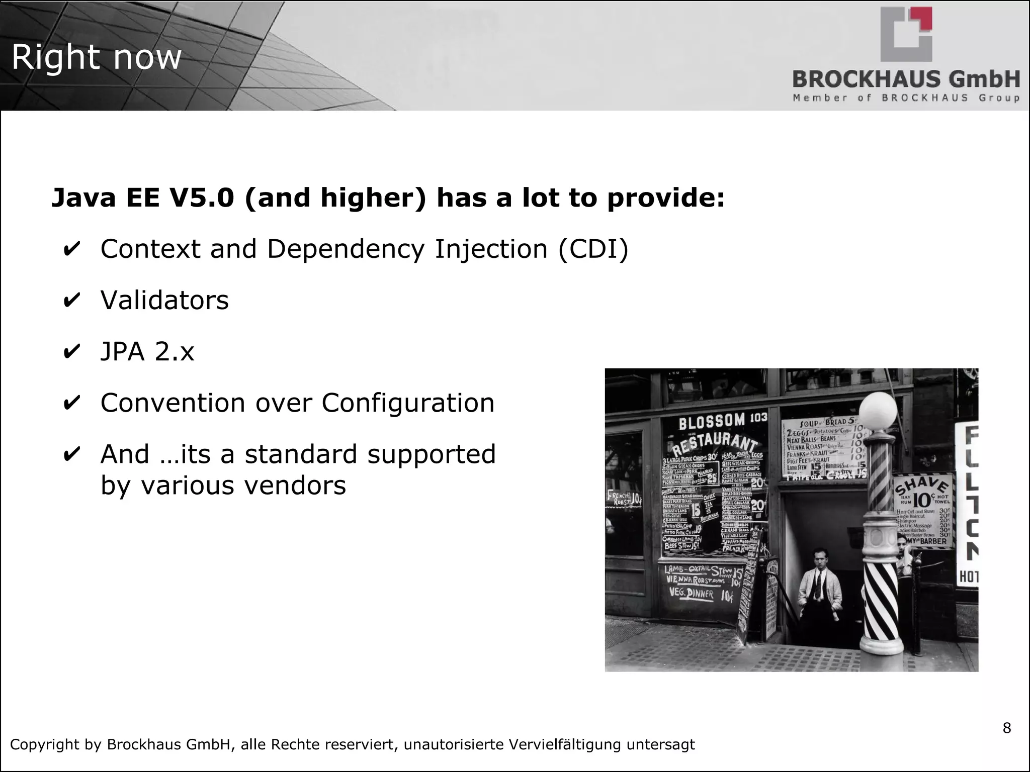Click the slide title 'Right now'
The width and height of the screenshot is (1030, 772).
(x=96, y=57)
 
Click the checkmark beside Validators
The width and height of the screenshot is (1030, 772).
(x=71, y=300)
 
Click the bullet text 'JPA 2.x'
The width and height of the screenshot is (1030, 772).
(x=147, y=351)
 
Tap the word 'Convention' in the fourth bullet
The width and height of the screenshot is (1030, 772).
(x=173, y=403)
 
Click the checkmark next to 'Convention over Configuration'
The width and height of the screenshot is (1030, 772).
(x=71, y=403)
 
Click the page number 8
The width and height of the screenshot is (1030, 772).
(x=1006, y=728)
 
